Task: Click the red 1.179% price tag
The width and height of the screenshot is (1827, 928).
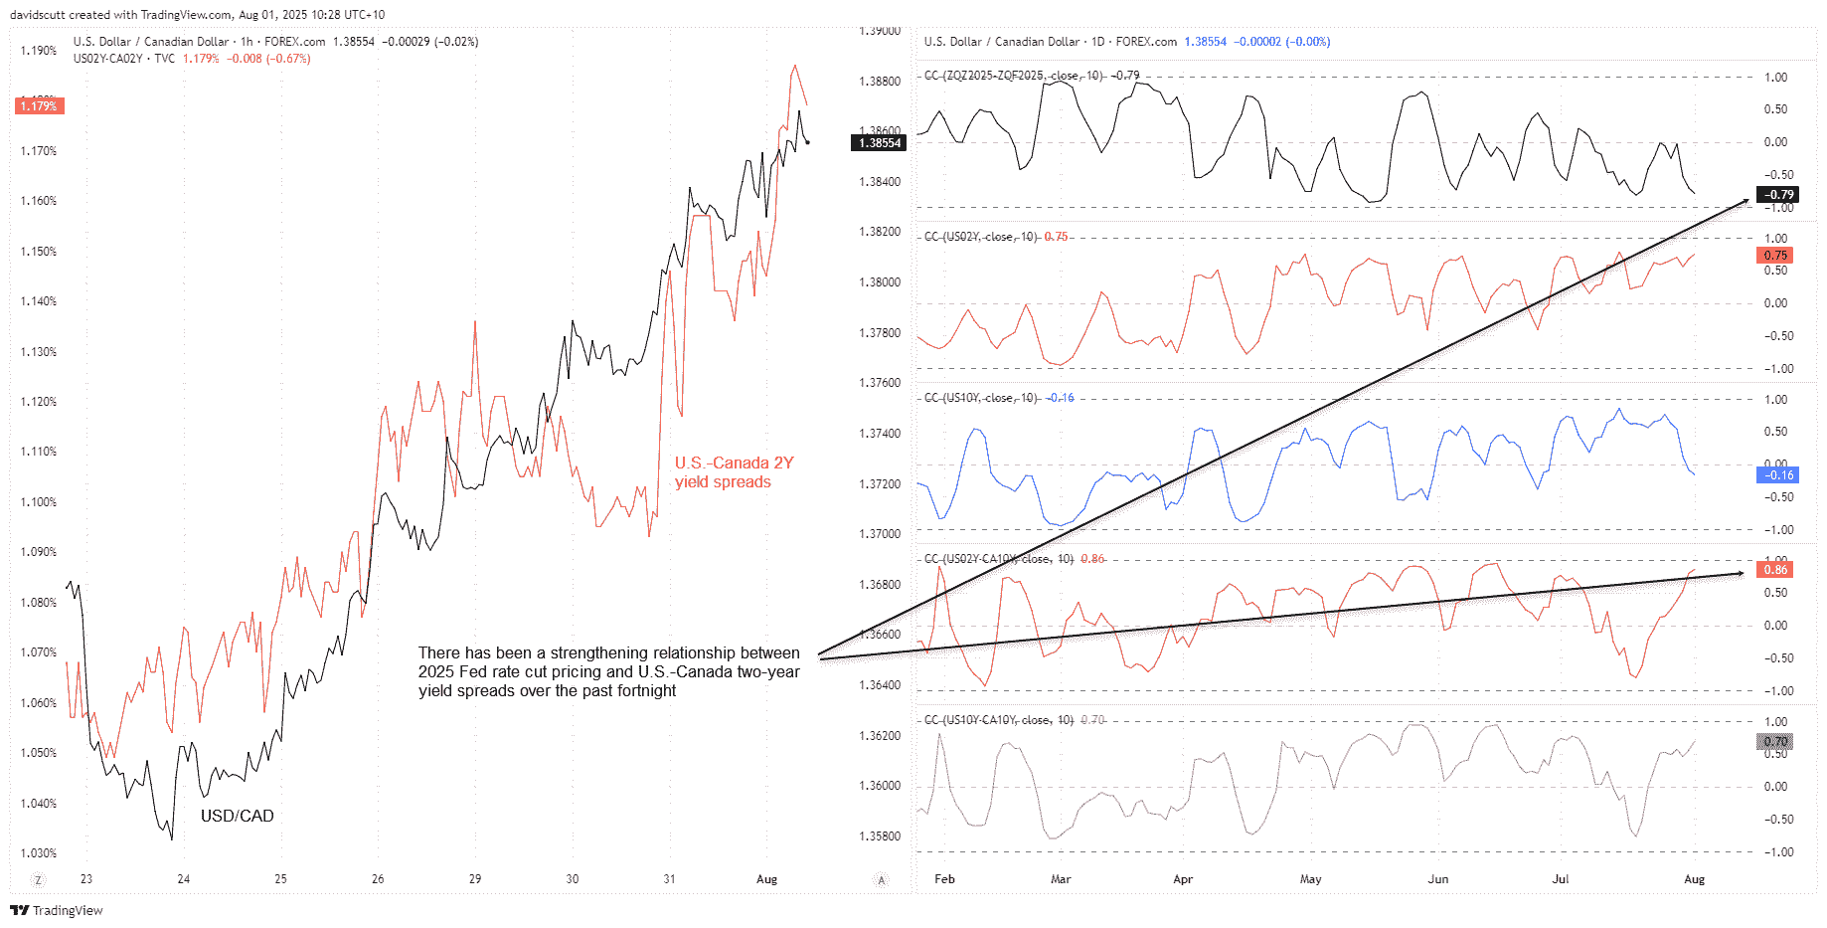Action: [40, 106]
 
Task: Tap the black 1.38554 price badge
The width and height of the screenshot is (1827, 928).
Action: [880, 143]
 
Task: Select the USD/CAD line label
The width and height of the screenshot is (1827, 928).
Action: [237, 816]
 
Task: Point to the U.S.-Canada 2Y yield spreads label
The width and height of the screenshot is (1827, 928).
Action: [734, 472]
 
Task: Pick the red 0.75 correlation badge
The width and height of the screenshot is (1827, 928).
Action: [1775, 256]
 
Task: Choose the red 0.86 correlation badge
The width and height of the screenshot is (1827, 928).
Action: [1775, 570]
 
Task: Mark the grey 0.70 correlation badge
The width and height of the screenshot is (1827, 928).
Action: [1775, 742]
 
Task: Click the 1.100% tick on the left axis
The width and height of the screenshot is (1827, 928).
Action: [39, 502]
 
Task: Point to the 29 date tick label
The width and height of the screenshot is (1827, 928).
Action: [475, 879]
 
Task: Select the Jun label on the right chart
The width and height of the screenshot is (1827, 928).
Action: [1437, 879]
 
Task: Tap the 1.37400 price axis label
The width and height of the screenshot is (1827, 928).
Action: [880, 434]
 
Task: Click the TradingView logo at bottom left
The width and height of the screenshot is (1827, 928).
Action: [57, 910]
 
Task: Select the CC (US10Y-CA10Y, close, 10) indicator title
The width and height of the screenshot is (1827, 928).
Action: [998, 720]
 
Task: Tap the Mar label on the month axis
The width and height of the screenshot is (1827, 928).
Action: [1061, 879]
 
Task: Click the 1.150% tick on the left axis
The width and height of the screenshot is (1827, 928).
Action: [39, 252]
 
